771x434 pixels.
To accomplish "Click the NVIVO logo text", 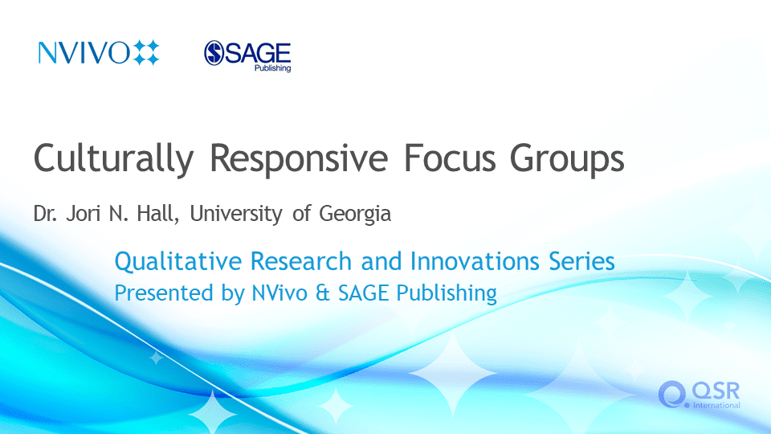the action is click(84, 53).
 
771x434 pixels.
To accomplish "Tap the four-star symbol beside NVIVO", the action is click(146, 53).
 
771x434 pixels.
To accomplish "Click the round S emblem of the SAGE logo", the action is click(214, 53).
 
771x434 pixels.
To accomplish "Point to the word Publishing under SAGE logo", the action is click(272, 68).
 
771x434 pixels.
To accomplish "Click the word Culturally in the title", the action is click(113, 158).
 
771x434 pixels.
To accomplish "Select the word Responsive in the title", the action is click(299, 158).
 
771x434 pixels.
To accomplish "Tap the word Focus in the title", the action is click(450, 158).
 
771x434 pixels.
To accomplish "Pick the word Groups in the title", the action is click(567, 158).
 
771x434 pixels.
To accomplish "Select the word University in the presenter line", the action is click(236, 214).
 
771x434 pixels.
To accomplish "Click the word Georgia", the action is click(355, 214).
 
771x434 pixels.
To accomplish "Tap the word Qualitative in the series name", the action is click(178, 261).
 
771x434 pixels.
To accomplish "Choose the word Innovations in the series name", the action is click(475, 260).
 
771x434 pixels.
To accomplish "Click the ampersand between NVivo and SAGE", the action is click(323, 293).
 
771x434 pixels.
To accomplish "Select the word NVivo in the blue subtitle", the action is click(279, 293).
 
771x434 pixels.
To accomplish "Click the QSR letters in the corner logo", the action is click(716, 391).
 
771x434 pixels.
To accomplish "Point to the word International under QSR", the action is click(716, 405).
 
